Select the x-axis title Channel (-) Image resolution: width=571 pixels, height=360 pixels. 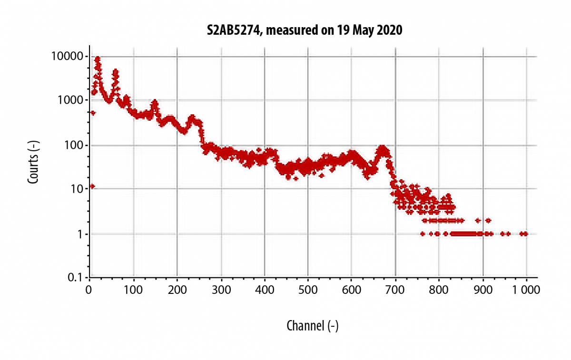click(x=312, y=326)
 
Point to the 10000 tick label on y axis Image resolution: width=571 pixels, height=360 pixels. click(x=69, y=57)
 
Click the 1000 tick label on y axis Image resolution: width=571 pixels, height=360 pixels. click(x=72, y=100)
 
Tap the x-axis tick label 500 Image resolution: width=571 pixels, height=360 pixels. click(x=308, y=289)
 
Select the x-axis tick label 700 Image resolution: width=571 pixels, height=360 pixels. click(x=395, y=289)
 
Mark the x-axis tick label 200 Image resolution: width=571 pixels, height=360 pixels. click(x=177, y=289)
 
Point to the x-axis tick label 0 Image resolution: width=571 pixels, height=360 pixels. click(x=89, y=289)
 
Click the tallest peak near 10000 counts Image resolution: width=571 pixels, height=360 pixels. click(x=98, y=59)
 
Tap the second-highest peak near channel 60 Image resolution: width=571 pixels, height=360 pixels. click(x=116, y=72)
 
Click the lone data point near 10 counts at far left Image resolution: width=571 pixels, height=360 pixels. click(x=92, y=186)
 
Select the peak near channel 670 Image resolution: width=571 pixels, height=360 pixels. click(x=382, y=148)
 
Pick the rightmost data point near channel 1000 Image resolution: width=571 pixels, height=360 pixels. click(x=526, y=234)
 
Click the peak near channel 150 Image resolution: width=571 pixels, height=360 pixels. click(x=154, y=103)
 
